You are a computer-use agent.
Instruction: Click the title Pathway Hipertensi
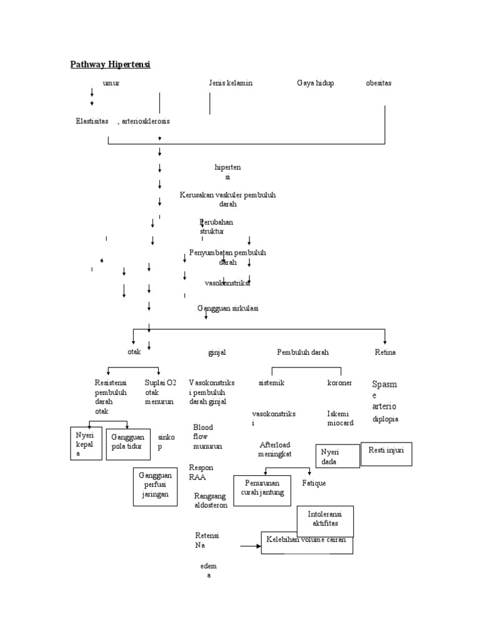(x=111, y=64)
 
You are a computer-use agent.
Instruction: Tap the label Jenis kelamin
(x=231, y=83)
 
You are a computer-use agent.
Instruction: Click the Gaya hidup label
(x=315, y=83)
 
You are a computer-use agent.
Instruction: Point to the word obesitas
(x=379, y=83)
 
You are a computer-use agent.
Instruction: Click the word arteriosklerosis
(x=146, y=121)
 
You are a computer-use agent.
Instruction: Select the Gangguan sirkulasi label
(x=228, y=309)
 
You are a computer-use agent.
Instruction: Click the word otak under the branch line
(x=134, y=352)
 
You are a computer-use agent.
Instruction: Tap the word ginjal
(x=217, y=352)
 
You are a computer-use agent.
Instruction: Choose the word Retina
(x=385, y=352)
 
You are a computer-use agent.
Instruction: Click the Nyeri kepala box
(x=86, y=443)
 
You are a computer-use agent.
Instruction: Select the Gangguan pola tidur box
(x=128, y=443)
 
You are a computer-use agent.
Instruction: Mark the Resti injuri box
(x=386, y=454)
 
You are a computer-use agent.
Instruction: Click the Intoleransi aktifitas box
(x=325, y=520)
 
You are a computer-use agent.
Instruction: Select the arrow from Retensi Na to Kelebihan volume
(x=249, y=546)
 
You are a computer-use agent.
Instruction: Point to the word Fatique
(x=314, y=483)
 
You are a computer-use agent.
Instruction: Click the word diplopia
(x=386, y=419)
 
